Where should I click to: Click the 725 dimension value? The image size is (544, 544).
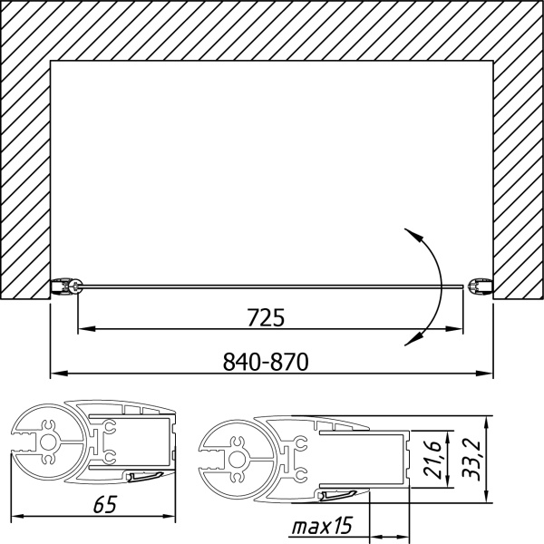(266, 317)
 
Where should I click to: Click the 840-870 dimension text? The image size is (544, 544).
(266, 362)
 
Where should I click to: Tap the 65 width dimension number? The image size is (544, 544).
(105, 504)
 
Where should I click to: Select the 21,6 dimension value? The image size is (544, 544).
(432, 460)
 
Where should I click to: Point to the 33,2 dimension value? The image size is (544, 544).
(471, 461)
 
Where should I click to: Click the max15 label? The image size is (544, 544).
(322, 526)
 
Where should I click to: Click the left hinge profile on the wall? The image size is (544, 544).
(66, 287)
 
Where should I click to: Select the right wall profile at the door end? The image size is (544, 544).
(481, 287)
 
